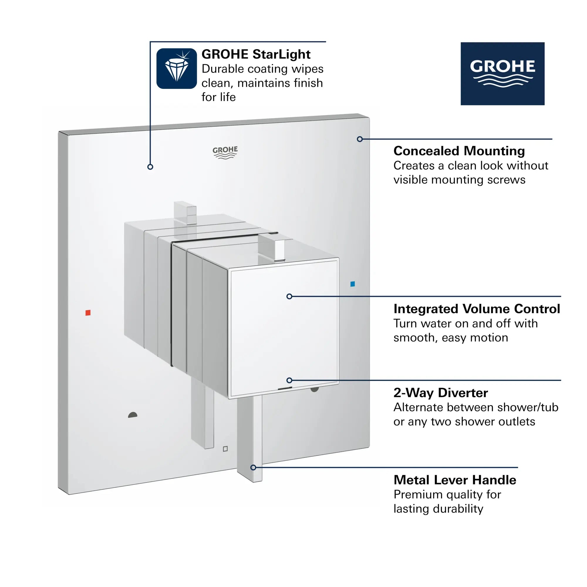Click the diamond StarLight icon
[176, 69]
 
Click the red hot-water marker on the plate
[88, 313]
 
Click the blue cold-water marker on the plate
[352, 284]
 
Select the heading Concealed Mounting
[459, 151]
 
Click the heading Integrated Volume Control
[476, 309]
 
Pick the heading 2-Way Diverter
[441, 393]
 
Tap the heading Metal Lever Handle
[455, 480]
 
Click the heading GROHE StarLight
[256, 54]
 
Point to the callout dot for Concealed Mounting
[360, 139]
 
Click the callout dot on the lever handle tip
[253, 467]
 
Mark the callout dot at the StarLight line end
[150, 167]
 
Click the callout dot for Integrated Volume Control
[289, 296]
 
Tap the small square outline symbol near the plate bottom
[225, 449]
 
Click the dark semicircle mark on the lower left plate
[133, 415]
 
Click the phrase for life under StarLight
[218, 97]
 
